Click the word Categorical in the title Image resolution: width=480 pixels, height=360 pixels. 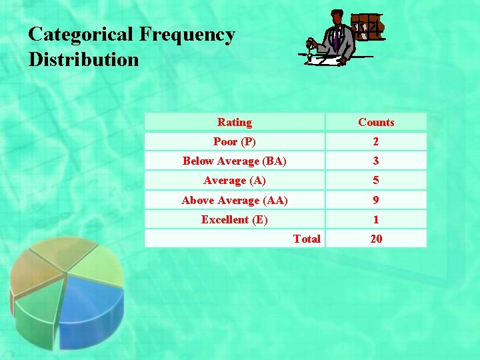tap(80, 35)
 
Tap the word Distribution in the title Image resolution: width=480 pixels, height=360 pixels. tap(84, 59)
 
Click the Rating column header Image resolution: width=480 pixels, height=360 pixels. tap(235, 122)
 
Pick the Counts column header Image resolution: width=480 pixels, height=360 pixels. tap(376, 122)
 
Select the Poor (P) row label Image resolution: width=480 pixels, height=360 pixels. tap(235, 141)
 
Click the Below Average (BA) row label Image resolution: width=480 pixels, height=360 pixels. tap(235, 161)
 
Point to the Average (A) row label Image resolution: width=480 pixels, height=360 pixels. tap(235, 181)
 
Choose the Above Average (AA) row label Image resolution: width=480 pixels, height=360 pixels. tap(235, 200)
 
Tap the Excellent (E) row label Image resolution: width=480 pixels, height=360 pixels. tap(235, 219)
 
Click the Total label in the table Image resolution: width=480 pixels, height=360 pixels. tap(307, 239)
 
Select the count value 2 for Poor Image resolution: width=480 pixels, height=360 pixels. tap(376, 141)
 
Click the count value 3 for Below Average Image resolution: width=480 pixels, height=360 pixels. tap(376, 161)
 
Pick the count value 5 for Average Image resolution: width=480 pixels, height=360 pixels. tap(376, 181)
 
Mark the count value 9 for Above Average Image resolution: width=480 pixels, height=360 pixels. tap(376, 200)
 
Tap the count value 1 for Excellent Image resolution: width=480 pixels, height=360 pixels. tap(376, 219)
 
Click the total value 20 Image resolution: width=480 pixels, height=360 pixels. tap(376, 239)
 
